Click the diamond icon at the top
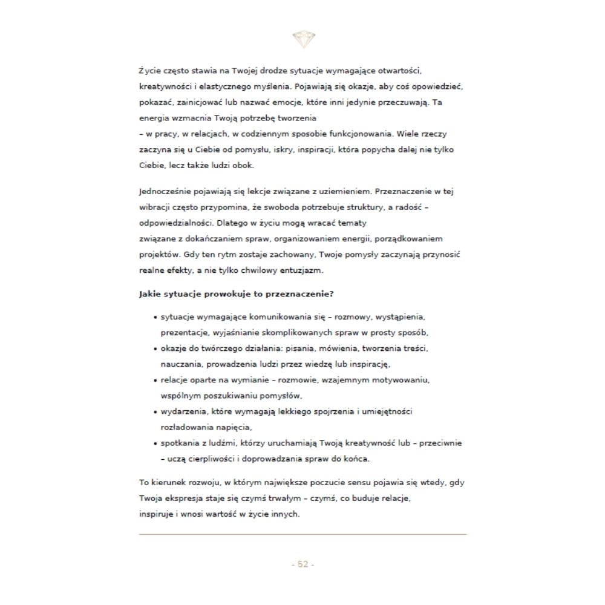302,39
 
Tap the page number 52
302,564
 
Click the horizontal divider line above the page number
302,534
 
